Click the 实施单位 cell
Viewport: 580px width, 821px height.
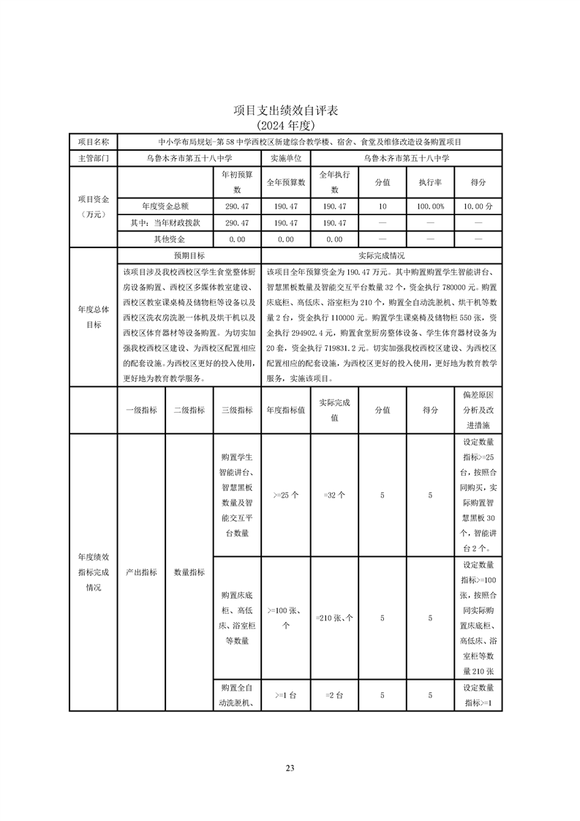coord(285,158)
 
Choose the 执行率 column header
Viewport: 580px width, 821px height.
coord(430,182)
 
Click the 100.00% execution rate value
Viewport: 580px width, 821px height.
coord(430,207)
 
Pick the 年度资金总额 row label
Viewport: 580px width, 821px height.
coord(165,207)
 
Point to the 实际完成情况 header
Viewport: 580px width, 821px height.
coord(381,256)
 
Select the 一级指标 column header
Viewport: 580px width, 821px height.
coord(141,410)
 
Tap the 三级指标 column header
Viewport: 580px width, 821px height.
coord(237,410)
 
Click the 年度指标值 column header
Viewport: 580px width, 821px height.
coord(285,410)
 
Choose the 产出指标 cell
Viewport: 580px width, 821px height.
coord(141,573)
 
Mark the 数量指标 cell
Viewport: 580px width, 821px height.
coord(189,573)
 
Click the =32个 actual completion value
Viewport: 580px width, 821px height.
coord(334,495)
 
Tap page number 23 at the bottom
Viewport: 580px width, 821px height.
coord(290,768)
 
